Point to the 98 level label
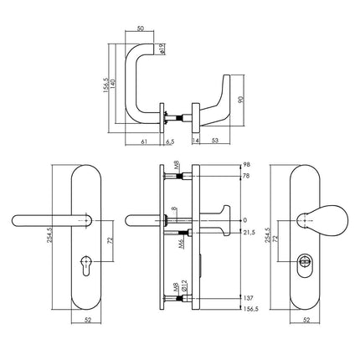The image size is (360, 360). click(246, 166)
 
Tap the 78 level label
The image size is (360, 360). click(246, 177)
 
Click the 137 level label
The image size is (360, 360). click(247, 297)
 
